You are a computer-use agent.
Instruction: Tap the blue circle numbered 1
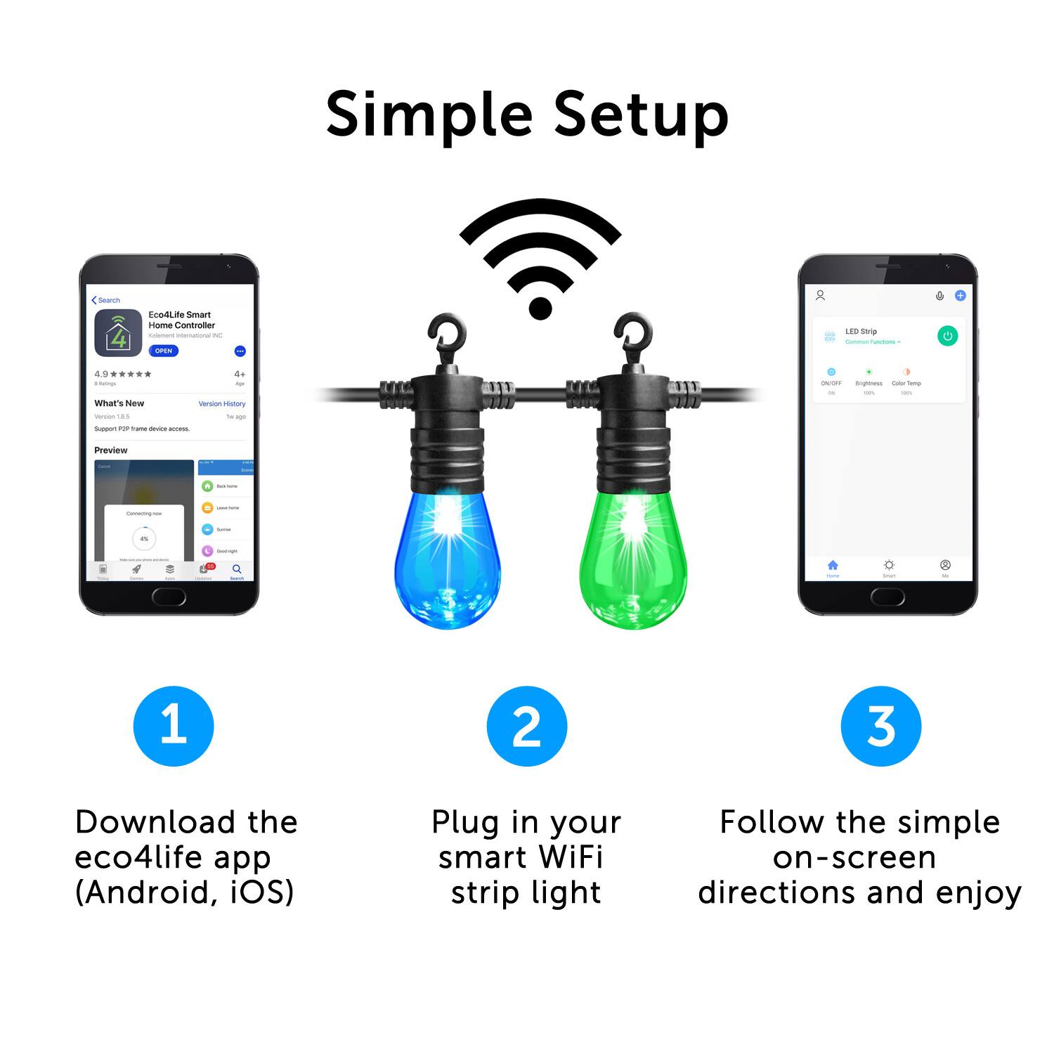click(174, 726)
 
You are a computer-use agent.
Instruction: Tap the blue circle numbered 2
click(526, 726)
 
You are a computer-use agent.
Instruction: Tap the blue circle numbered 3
click(880, 726)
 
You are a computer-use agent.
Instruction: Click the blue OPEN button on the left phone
click(163, 351)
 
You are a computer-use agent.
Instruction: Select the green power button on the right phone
click(947, 336)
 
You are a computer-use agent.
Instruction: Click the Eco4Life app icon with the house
click(118, 333)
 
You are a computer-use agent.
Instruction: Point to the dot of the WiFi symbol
click(540, 307)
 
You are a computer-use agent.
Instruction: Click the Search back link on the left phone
click(106, 300)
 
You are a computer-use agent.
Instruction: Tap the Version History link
click(222, 404)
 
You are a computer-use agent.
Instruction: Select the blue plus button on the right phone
click(960, 296)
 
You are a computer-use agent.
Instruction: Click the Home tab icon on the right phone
click(833, 566)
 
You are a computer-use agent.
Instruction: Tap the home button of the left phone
click(169, 597)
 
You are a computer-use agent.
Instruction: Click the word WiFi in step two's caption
click(570, 857)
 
